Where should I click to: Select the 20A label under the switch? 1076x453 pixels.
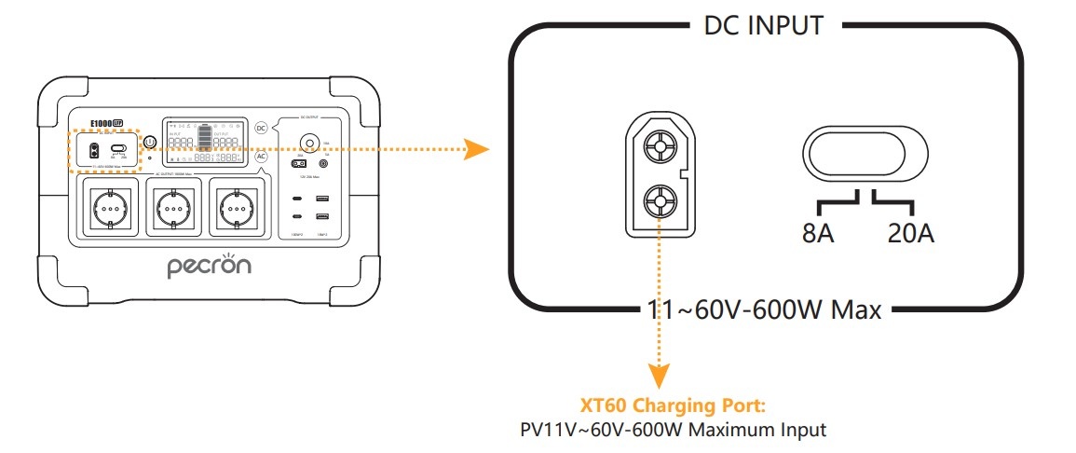[x=911, y=232]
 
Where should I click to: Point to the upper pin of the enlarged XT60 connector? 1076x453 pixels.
[x=660, y=147]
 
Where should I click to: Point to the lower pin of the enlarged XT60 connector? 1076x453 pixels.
[x=660, y=199]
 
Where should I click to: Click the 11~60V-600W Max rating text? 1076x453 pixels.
[x=763, y=309]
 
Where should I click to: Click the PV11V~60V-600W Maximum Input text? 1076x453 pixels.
[x=672, y=431]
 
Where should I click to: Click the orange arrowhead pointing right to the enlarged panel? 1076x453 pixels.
[x=477, y=149]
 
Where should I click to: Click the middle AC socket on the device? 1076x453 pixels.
[x=170, y=206]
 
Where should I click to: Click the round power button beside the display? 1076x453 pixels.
[x=149, y=142]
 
